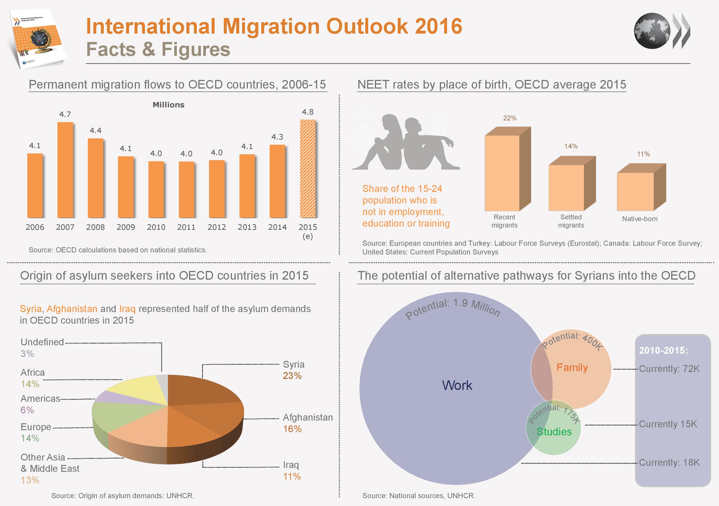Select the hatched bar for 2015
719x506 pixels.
(x=308, y=169)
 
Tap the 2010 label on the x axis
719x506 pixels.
(x=156, y=227)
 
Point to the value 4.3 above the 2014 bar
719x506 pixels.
(x=277, y=137)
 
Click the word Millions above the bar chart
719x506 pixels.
(x=168, y=105)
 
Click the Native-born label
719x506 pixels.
(x=640, y=219)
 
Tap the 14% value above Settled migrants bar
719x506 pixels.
(x=571, y=146)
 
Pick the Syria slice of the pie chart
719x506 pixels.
(x=200, y=389)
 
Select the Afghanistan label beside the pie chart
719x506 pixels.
(x=308, y=417)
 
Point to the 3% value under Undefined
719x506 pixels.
(x=27, y=354)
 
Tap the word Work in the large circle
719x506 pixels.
(x=457, y=386)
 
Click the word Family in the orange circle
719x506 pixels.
(x=572, y=367)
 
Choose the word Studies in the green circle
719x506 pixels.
(x=554, y=432)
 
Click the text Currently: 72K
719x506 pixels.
(x=669, y=369)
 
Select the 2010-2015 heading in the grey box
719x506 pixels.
(x=663, y=351)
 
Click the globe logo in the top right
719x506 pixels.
(x=652, y=31)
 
